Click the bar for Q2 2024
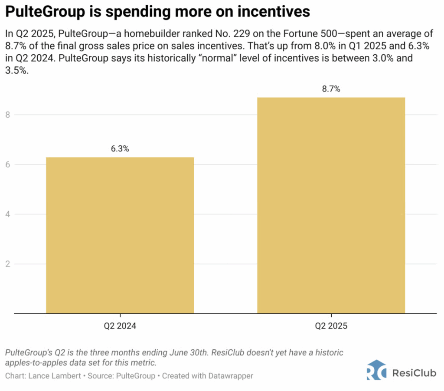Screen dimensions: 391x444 click(x=120, y=235)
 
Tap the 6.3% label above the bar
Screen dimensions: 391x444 click(x=120, y=148)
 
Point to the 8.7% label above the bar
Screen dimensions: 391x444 click(x=331, y=89)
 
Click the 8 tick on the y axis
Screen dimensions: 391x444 click(x=7, y=115)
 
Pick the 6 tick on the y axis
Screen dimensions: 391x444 click(x=7, y=164)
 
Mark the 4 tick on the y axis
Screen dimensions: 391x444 click(x=7, y=214)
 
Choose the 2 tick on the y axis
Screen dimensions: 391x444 click(x=7, y=264)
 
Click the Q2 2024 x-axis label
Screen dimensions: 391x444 click(x=120, y=326)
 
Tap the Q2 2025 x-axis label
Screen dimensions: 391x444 click(x=331, y=326)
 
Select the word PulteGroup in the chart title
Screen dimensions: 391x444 click(x=39, y=12)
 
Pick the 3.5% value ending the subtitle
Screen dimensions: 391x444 click(x=16, y=72)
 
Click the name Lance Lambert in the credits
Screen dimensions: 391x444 click(x=50, y=375)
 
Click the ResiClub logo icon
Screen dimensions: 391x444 click(x=376, y=370)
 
